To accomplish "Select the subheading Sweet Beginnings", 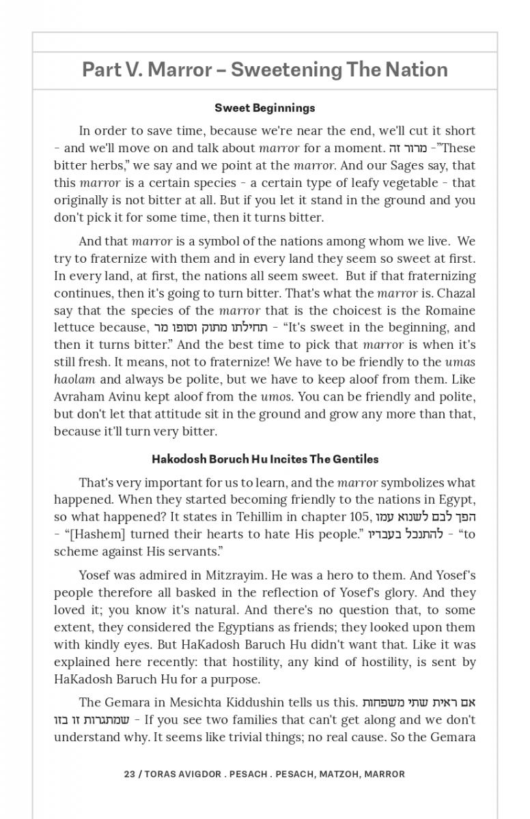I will [265, 108].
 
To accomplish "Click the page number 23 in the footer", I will [130, 774].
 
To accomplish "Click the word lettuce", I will [74, 328].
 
